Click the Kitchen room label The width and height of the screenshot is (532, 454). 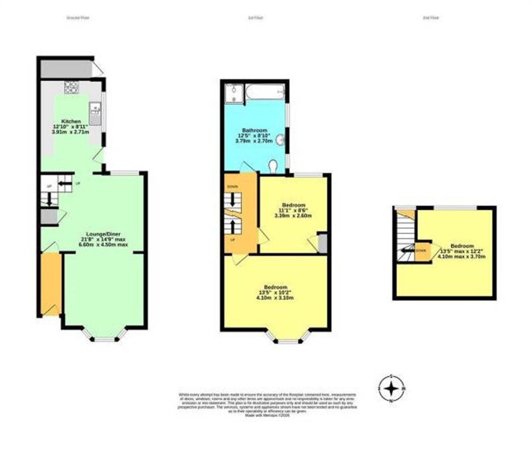pyautogui.click(x=71, y=121)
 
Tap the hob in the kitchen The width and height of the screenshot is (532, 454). pyautogui.click(x=70, y=87)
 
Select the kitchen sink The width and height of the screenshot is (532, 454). pyautogui.click(x=95, y=113)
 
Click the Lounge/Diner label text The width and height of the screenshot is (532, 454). pyautogui.click(x=103, y=234)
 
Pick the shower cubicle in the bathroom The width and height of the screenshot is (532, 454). pyautogui.click(x=234, y=94)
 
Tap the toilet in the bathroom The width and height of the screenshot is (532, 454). pyautogui.click(x=274, y=165)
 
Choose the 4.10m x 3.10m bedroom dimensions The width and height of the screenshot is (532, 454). pyautogui.click(x=275, y=298)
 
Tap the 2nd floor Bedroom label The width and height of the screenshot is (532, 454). pyautogui.click(x=462, y=246)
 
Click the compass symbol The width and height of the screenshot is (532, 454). pyautogui.click(x=391, y=389)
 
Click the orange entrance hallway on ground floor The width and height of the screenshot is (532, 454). pyautogui.click(x=51, y=284)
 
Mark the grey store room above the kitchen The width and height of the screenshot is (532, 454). pyautogui.click(x=66, y=69)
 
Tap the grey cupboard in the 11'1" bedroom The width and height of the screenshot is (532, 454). pyautogui.click(x=322, y=243)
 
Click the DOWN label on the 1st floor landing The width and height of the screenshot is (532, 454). pyautogui.click(x=232, y=187)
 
